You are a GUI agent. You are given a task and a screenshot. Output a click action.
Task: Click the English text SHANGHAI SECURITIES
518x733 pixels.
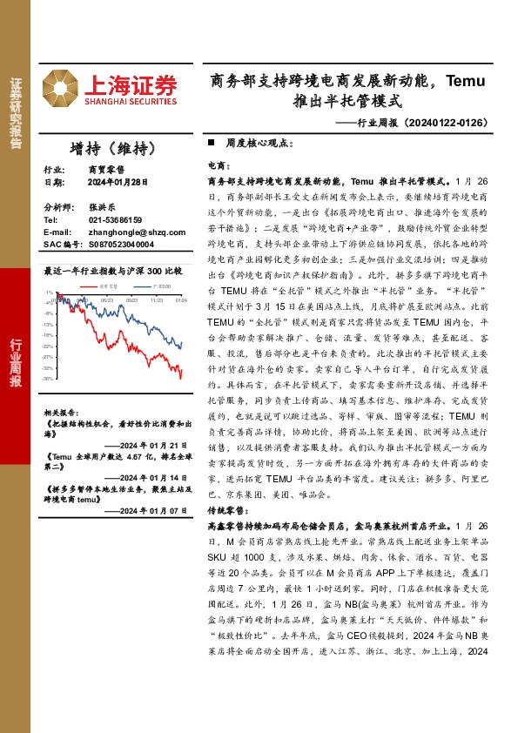131,102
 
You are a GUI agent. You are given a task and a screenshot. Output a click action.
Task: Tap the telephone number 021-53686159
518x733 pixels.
116,220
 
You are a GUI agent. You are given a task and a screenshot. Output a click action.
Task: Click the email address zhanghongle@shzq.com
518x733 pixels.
136,232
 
